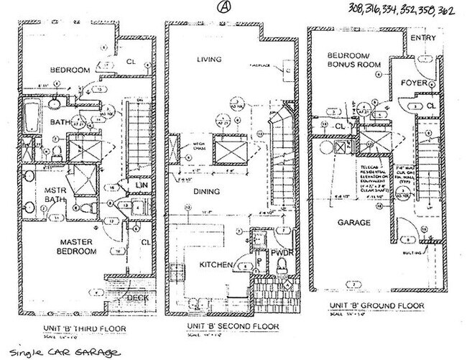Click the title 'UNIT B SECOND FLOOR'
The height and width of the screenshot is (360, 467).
[221, 326]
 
